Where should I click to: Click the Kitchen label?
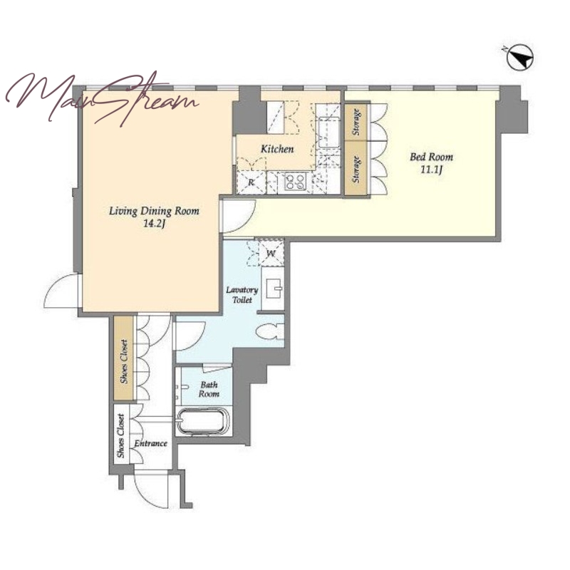pyautogui.click(x=277, y=149)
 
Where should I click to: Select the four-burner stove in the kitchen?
pyautogui.click(x=295, y=182)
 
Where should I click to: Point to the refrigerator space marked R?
pyautogui.click(x=252, y=182)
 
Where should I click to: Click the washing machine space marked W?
pyautogui.click(x=270, y=253)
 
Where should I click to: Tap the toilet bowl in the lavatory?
pyautogui.click(x=269, y=331)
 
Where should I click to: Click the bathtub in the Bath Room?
pyautogui.click(x=203, y=422)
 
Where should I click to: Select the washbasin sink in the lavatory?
pyautogui.click(x=273, y=289)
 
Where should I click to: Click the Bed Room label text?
pyautogui.click(x=431, y=157)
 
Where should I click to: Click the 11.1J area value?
pyautogui.click(x=431, y=170)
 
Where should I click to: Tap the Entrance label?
pyautogui.click(x=150, y=443)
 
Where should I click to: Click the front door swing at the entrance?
pyautogui.click(x=152, y=489)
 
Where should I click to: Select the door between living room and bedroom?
pyautogui.click(x=238, y=216)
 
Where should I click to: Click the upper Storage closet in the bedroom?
pyautogui.click(x=357, y=122)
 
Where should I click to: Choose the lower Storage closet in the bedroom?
pyautogui.click(x=357, y=169)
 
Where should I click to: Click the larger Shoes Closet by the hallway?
pyautogui.click(x=123, y=359)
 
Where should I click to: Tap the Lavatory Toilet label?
pyautogui.click(x=242, y=295)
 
